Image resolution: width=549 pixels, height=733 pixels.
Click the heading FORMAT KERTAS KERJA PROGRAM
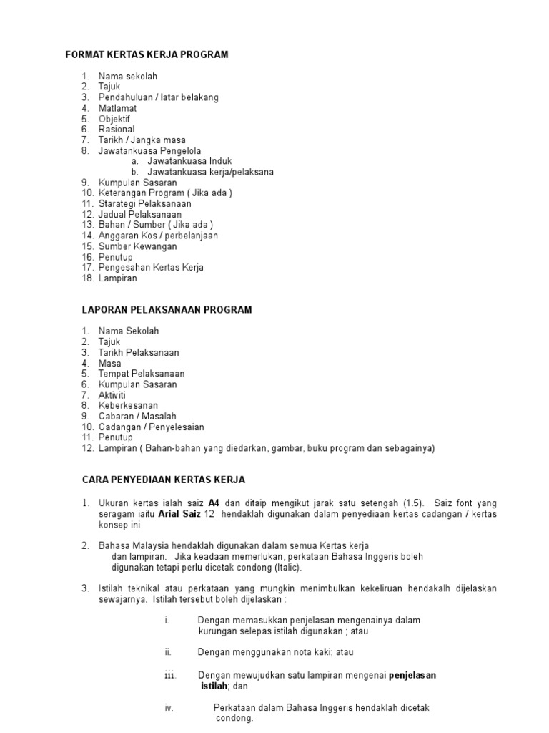(147, 55)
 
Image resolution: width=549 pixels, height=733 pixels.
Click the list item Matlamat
(117, 108)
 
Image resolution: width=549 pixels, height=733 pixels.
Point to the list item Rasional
(117, 130)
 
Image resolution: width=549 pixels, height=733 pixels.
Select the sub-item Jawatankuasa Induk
(189, 162)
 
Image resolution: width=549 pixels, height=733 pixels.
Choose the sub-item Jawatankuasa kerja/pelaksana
(210, 173)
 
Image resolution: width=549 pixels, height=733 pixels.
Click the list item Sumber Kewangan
(137, 246)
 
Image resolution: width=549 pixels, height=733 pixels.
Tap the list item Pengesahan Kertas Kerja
(151, 268)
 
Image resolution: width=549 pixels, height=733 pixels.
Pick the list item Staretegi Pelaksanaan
(144, 204)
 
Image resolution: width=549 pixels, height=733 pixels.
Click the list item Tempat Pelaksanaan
(142, 374)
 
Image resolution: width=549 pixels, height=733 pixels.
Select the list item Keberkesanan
(128, 406)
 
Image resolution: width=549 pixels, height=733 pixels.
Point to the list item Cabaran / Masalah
(137, 417)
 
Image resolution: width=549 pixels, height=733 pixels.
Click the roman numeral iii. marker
(169, 675)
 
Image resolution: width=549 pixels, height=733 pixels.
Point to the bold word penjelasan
(412, 675)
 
